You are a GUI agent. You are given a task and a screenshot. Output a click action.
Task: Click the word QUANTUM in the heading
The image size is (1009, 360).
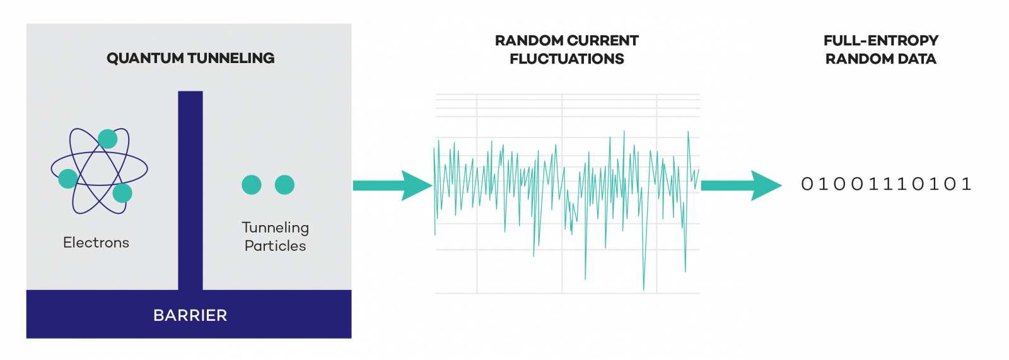coord(144,58)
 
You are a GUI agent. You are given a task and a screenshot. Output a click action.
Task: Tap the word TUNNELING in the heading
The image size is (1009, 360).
coord(231,58)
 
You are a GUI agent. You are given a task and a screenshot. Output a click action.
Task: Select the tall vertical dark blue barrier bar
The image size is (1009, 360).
coord(190,190)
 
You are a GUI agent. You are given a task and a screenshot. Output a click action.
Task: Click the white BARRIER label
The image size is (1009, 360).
coord(190,315)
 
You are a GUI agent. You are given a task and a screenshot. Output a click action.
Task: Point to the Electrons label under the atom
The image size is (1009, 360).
coord(96,242)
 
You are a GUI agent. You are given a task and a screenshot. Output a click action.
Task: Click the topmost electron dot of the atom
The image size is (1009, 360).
coord(108,139)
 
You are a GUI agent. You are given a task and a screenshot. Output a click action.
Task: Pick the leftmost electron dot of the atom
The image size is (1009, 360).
coord(68,178)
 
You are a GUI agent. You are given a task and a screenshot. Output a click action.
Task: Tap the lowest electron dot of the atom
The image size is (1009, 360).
coord(122,193)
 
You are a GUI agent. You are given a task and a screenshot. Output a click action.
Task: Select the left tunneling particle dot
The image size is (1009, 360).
coord(252,185)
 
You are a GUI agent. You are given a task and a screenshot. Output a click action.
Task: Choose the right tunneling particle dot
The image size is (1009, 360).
coord(284,185)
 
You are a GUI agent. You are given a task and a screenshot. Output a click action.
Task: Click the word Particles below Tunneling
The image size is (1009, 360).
coord(275,246)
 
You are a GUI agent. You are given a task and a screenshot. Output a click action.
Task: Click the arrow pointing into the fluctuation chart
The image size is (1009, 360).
coord(392,185)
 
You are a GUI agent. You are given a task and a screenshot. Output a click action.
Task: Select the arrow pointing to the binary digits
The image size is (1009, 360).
coord(742,185)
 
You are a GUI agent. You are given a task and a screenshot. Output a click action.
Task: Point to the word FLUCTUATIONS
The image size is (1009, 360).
coord(567,59)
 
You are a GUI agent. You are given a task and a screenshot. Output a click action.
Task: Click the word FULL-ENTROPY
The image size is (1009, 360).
coord(881,40)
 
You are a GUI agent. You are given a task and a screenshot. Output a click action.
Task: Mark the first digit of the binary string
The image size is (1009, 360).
coord(807,184)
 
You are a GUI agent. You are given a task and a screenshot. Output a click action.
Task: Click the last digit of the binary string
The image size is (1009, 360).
coord(966,184)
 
